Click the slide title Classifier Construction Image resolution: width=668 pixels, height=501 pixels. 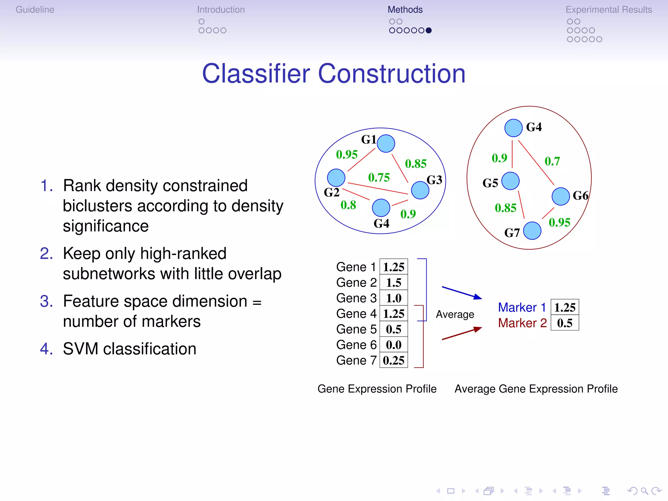pos(334,74)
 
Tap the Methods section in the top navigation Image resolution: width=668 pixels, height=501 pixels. pos(405,10)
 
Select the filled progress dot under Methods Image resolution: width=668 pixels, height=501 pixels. pos(429,30)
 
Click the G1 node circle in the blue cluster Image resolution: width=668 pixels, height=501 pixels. pos(386,144)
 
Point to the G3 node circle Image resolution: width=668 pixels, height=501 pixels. pos(420,190)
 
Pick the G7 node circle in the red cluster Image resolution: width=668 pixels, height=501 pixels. pos(532,231)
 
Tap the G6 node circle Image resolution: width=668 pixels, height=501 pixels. pos(560,196)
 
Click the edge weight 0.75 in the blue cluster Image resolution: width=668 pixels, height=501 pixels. pos(379,177)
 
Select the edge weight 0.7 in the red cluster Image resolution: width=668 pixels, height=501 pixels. pos(552,161)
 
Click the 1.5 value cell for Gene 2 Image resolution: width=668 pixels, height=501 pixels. pos(394,282)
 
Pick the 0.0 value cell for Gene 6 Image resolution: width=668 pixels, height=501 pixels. pos(394,345)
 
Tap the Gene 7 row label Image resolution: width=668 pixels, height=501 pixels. pos(356,360)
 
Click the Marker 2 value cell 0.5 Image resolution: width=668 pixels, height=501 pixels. pos(565,323)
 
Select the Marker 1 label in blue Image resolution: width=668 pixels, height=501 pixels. pos(522,307)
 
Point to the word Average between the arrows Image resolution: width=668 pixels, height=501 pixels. pos(455,314)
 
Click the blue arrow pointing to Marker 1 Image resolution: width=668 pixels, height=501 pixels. pos(462,292)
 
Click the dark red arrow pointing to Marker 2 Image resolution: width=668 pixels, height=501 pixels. pos(462,334)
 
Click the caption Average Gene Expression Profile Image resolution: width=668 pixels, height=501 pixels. pos(536,389)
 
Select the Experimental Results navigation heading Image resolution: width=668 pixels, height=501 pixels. pos(609,10)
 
